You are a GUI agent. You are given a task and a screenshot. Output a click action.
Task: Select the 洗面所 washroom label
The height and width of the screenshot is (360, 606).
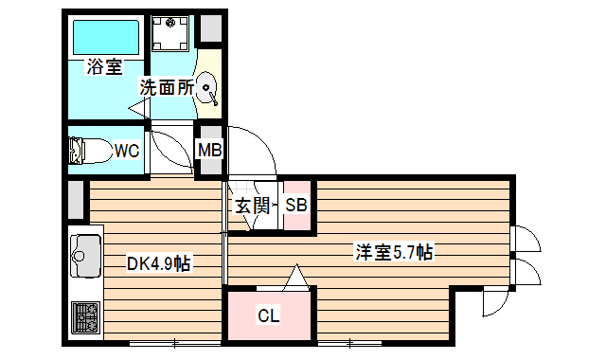pyautogui.click(x=167, y=87)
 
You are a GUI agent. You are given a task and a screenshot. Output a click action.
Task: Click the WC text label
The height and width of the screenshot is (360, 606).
pyautogui.click(x=127, y=150)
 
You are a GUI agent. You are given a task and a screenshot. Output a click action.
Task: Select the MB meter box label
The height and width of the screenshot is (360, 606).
pyautogui.click(x=209, y=150)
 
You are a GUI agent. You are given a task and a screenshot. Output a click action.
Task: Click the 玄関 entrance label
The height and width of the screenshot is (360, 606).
pyautogui.click(x=253, y=205)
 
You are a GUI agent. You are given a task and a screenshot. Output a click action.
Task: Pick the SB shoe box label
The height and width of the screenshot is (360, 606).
pyautogui.click(x=295, y=205)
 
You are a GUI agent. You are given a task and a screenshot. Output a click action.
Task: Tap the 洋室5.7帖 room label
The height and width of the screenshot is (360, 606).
pyautogui.click(x=394, y=253)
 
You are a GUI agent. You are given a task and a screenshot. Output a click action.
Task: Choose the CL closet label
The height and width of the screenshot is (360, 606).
pyautogui.click(x=269, y=316)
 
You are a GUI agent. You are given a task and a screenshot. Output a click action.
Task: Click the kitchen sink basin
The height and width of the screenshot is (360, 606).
pyautogui.click(x=86, y=255)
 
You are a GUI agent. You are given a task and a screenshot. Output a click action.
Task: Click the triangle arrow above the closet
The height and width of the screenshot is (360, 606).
pyautogui.click(x=297, y=278)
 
